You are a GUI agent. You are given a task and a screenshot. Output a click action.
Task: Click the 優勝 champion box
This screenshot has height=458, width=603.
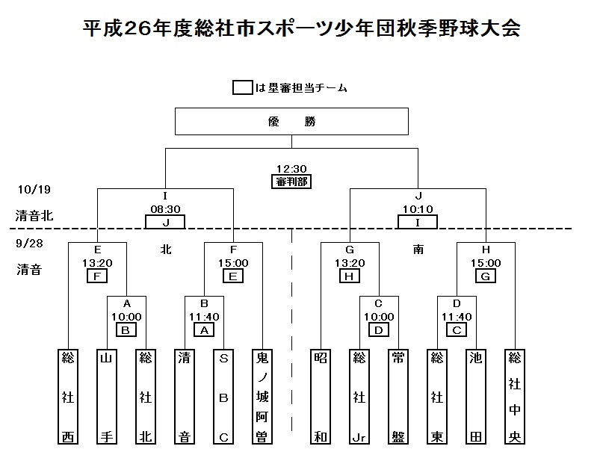coord(291,121)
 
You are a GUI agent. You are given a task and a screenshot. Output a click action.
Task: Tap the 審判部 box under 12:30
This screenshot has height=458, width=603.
coord(291,182)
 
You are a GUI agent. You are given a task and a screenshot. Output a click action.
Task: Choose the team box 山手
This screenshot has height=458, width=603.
coord(106,395)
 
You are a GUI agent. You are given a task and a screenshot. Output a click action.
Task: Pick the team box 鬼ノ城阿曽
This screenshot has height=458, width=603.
coord(262,395)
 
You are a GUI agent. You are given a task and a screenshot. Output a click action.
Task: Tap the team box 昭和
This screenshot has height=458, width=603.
coord(320,395)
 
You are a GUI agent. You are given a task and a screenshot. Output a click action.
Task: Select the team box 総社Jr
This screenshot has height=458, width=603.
coord(359,395)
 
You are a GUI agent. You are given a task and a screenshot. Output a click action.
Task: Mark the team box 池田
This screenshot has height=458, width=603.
coord(476,395)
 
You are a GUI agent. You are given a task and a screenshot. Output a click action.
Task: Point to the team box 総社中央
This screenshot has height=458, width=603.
coord(515,395)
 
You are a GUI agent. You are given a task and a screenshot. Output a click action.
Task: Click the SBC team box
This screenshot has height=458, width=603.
coord(223,395)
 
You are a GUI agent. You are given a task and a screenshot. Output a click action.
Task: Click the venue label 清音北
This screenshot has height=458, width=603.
coord(35,216)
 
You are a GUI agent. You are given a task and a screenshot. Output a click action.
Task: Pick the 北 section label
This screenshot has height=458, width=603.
coord(166,250)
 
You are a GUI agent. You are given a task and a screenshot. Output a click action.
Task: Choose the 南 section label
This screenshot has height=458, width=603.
coord(418,250)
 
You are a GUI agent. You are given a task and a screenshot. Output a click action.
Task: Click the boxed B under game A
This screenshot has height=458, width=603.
coord(126,329)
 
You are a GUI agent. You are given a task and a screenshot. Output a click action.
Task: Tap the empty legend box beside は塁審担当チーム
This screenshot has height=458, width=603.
coord(242,87)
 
